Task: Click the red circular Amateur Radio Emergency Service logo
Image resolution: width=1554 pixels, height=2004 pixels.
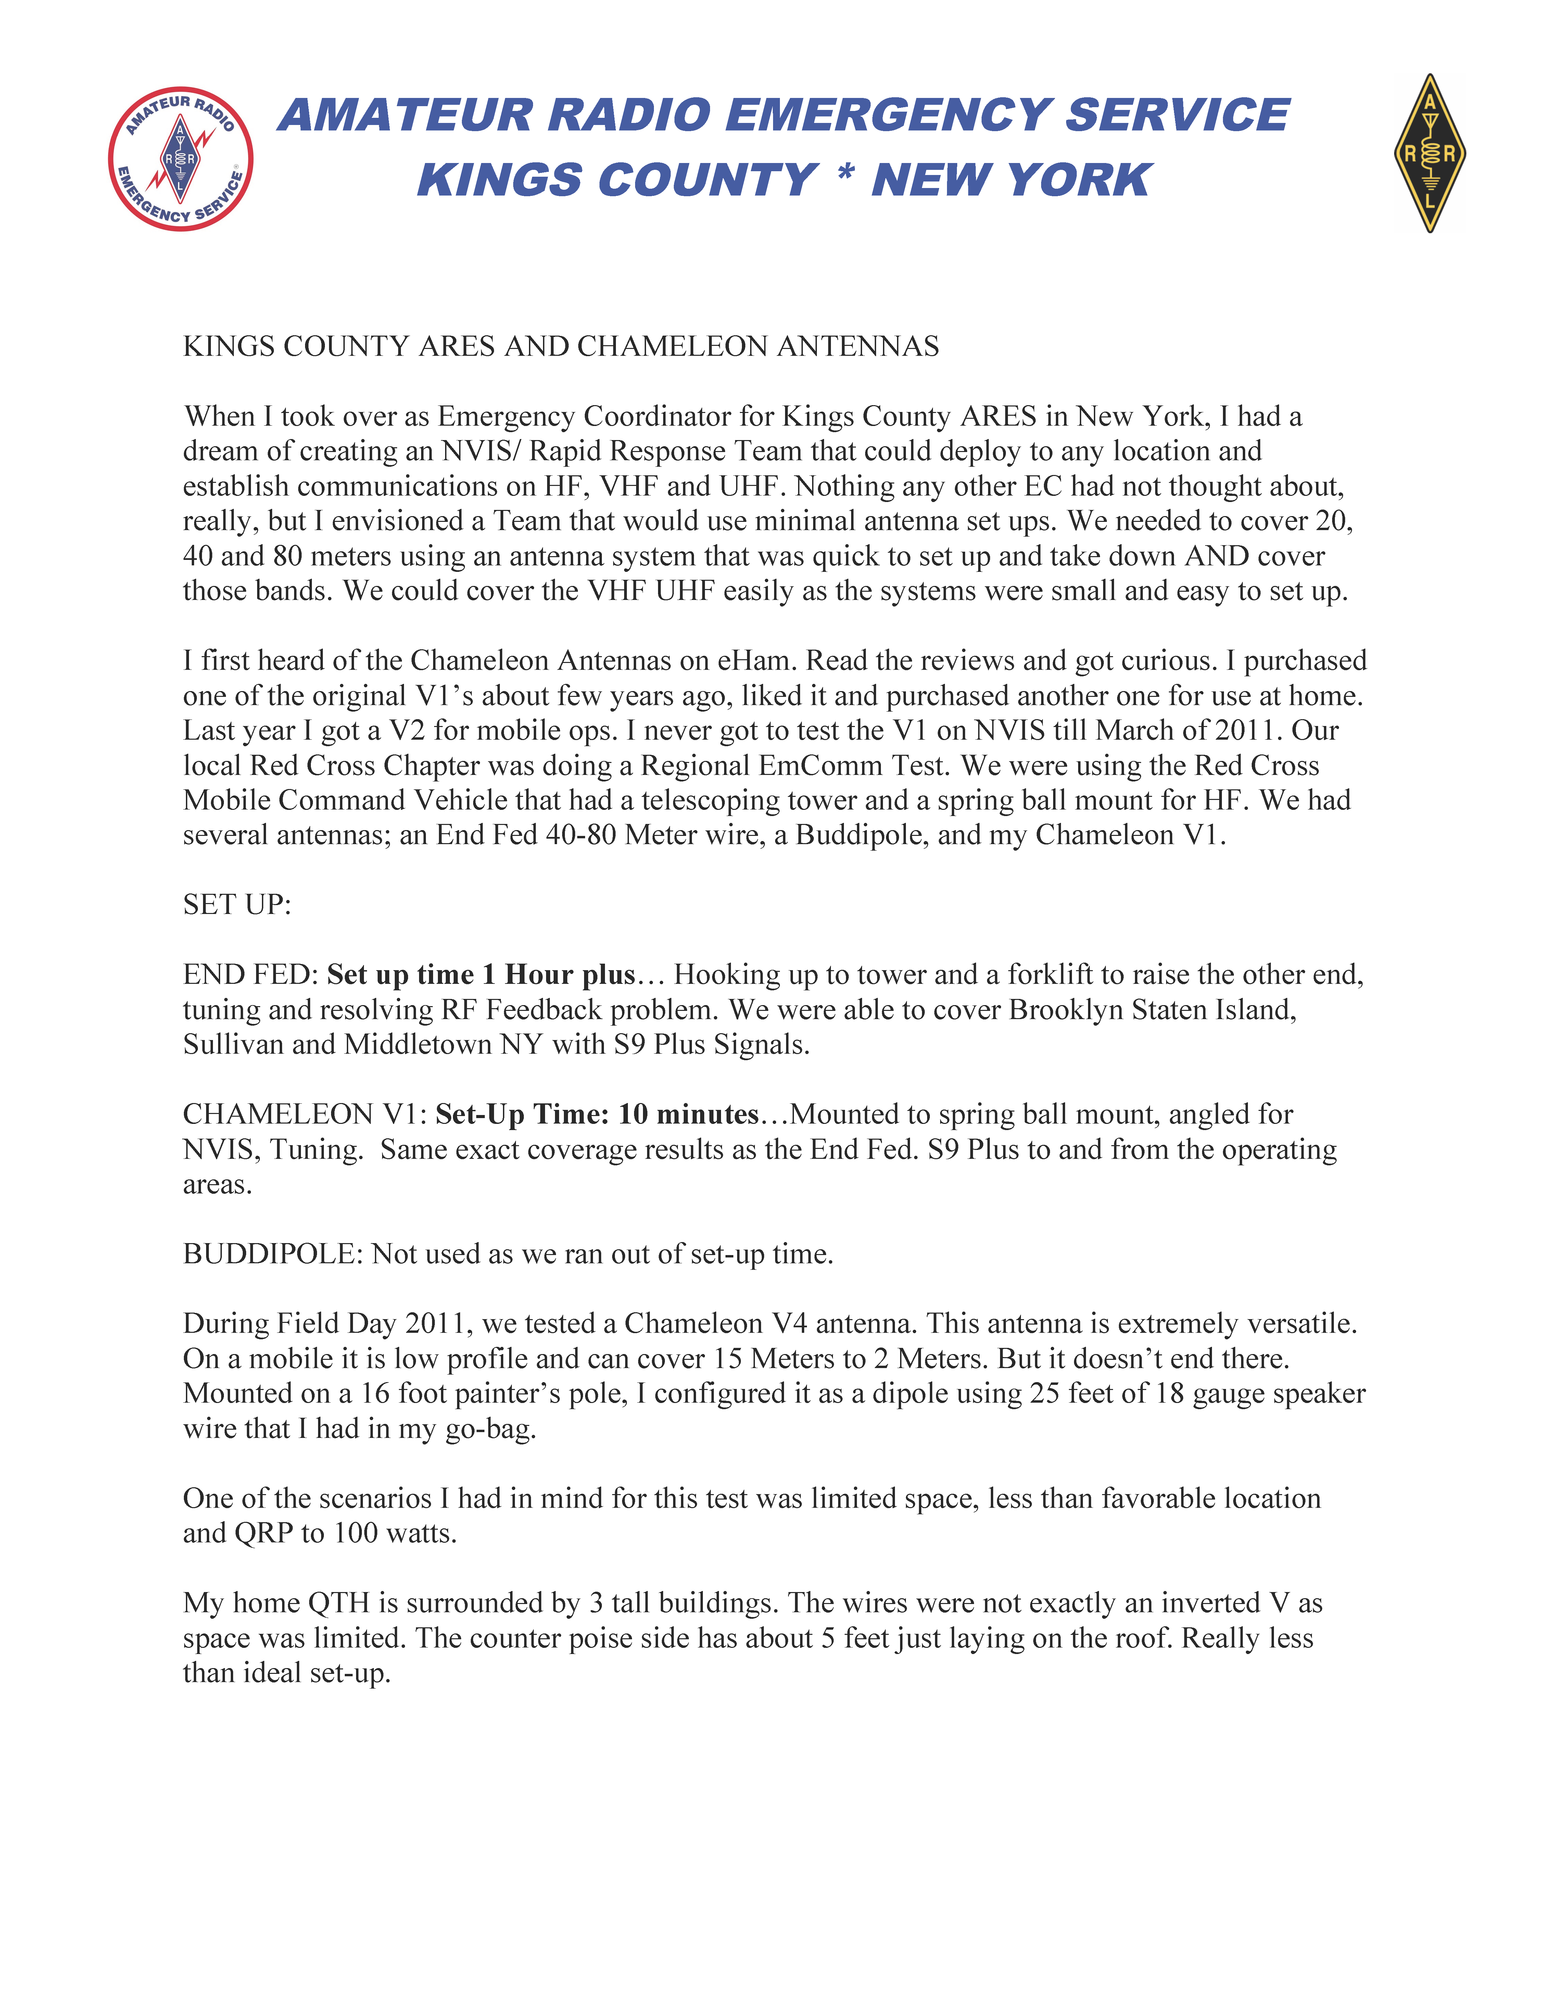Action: coord(181,159)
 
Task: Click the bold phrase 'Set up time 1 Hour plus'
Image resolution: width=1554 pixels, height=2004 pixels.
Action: coord(481,975)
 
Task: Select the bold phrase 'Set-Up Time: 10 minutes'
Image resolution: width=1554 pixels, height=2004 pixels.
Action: coord(596,1114)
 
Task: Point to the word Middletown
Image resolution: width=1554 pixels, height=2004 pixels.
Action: coord(417,1044)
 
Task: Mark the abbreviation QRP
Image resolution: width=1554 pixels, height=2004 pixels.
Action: coord(263,1533)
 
